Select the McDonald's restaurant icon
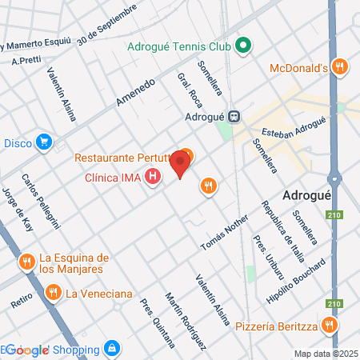point(340,66)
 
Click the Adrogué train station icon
point(234,115)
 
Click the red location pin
point(181,164)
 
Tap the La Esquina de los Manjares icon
point(26,262)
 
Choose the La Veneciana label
point(98,294)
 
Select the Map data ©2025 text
point(324,354)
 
